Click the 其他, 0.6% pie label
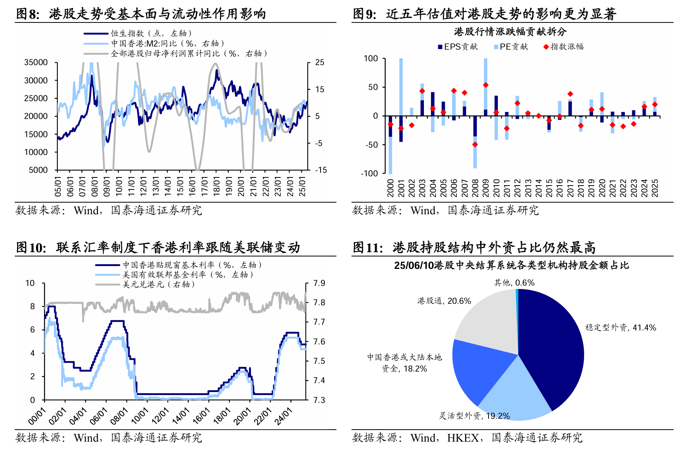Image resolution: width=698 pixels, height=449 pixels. click(x=514, y=283)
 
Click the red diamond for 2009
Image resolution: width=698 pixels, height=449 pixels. click(x=485, y=85)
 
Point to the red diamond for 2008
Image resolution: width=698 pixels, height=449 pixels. click(x=475, y=145)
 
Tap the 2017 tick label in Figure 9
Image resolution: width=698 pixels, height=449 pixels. click(x=570, y=188)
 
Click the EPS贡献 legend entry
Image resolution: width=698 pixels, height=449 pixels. click(x=458, y=47)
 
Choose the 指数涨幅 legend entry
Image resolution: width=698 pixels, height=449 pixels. click(x=564, y=47)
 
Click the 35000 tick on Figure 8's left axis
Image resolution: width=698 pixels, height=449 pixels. click(x=36, y=62)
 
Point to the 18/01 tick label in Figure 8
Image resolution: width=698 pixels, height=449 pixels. click(x=216, y=186)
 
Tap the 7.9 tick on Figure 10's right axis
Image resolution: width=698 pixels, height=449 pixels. click(x=319, y=283)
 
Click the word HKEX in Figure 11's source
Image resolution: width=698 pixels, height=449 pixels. click(x=463, y=438)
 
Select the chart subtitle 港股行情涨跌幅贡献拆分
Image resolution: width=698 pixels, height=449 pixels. click(x=510, y=32)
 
